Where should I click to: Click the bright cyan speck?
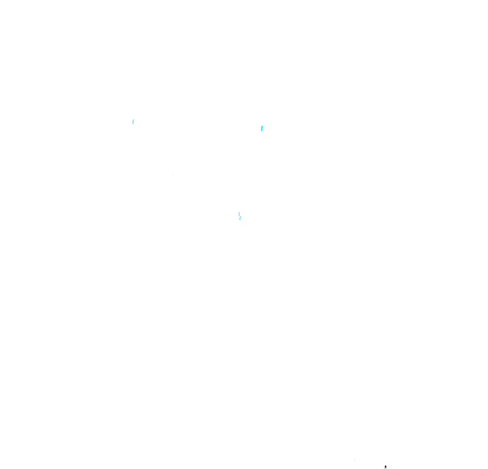262,127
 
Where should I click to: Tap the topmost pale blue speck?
133,121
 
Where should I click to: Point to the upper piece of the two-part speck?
239,214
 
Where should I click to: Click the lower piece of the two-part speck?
240,218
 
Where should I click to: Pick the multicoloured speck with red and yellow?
385,467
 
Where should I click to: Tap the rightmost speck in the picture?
385,467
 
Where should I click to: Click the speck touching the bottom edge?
385,468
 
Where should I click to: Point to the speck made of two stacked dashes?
239,216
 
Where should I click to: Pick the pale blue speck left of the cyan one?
133,121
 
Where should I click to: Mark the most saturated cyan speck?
262,127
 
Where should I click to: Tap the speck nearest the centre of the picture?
239,216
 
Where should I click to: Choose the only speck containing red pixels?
385,467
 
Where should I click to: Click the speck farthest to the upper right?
262,127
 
